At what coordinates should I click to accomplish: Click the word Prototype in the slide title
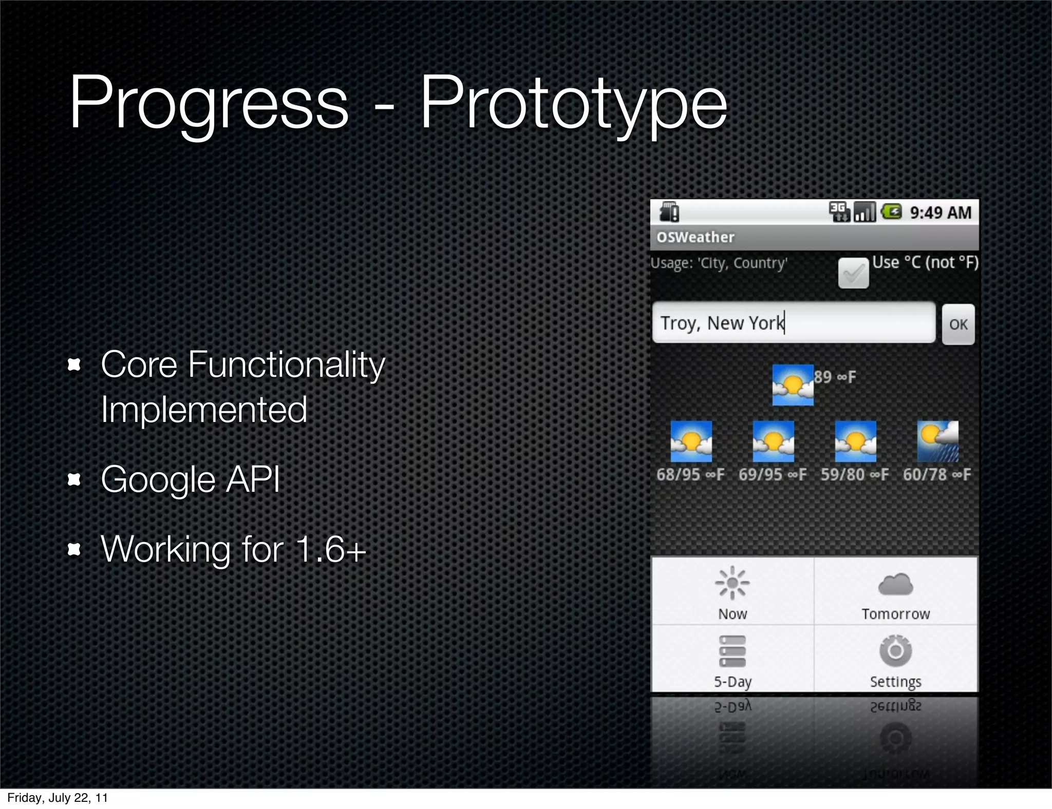click(x=573, y=103)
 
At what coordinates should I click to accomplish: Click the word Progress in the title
click(x=209, y=103)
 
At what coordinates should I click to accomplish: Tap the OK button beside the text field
click(x=958, y=324)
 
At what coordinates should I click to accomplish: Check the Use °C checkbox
click(x=853, y=273)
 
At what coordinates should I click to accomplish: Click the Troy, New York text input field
click(x=793, y=323)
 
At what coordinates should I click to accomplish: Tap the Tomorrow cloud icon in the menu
click(x=895, y=585)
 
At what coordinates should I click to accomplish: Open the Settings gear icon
click(x=895, y=651)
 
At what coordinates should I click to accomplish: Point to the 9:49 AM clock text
click(x=941, y=213)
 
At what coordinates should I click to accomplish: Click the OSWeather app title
click(x=696, y=237)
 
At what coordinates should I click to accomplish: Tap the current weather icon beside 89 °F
click(x=793, y=385)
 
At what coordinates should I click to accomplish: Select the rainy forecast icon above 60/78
click(x=937, y=441)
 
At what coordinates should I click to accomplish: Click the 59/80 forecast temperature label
click(x=855, y=475)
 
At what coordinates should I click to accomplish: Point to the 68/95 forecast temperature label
click(x=690, y=475)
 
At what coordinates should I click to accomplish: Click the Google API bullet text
click(x=191, y=479)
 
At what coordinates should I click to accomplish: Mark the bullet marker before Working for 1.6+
click(x=74, y=550)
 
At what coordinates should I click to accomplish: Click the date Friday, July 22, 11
click(x=58, y=798)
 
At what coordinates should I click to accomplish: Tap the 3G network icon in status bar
click(x=839, y=211)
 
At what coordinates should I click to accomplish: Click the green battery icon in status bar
click(x=891, y=211)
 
